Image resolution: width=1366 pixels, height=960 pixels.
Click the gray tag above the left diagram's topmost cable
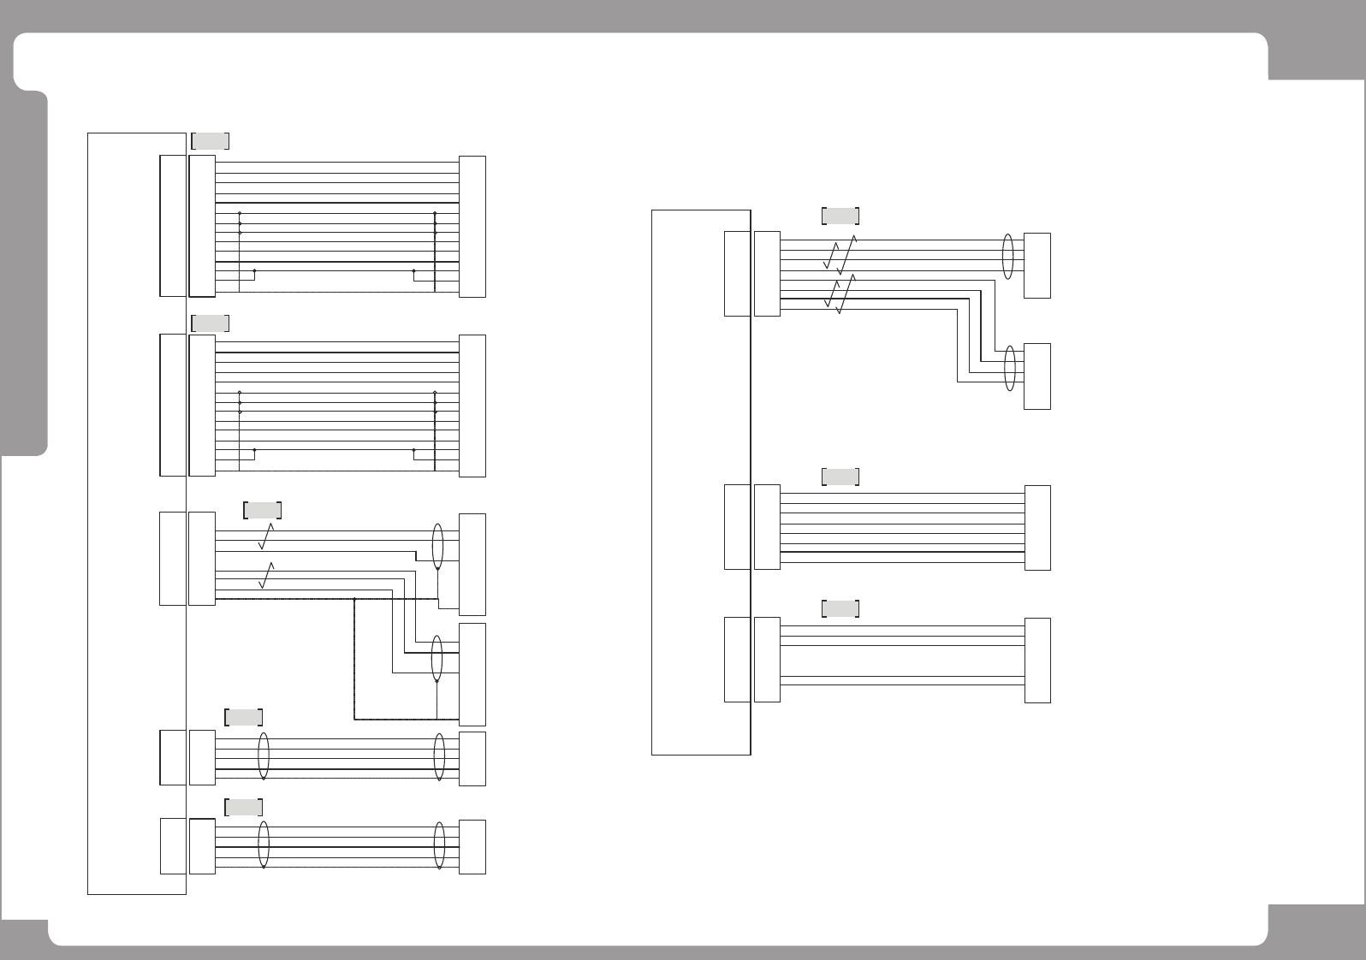click(x=210, y=141)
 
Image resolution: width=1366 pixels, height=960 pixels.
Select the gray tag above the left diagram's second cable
click(x=210, y=323)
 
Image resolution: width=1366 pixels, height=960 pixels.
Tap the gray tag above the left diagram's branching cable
click(x=263, y=510)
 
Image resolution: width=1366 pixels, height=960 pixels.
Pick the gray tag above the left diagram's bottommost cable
click(x=243, y=807)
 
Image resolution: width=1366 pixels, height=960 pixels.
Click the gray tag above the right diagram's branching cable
click(x=840, y=216)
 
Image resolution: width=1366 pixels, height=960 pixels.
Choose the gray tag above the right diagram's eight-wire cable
click(x=840, y=477)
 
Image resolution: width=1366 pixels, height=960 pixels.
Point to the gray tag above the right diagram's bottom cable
click(x=840, y=609)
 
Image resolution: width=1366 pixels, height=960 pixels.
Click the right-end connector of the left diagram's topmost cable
click(x=472, y=227)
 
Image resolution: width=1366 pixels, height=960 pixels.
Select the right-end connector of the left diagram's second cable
click(x=472, y=406)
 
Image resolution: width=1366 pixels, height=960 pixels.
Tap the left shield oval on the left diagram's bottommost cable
click(x=264, y=844)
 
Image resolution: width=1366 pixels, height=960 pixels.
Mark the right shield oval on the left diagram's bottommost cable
click(x=439, y=844)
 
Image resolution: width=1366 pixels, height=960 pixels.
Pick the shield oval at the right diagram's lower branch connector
click(x=1012, y=368)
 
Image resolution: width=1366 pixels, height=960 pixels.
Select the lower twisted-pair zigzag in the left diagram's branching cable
click(x=266, y=576)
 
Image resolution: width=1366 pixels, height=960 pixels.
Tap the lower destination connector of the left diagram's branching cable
click(x=472, y=674)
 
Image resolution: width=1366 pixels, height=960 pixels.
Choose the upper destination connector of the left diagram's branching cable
click(x=472, y=564)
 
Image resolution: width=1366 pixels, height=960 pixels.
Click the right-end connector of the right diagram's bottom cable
click(x=1037, y=661)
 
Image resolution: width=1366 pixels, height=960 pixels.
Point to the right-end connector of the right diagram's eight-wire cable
click(x=1037, y=528)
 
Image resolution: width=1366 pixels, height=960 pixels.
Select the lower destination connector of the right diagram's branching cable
click(x=1037, y=376)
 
